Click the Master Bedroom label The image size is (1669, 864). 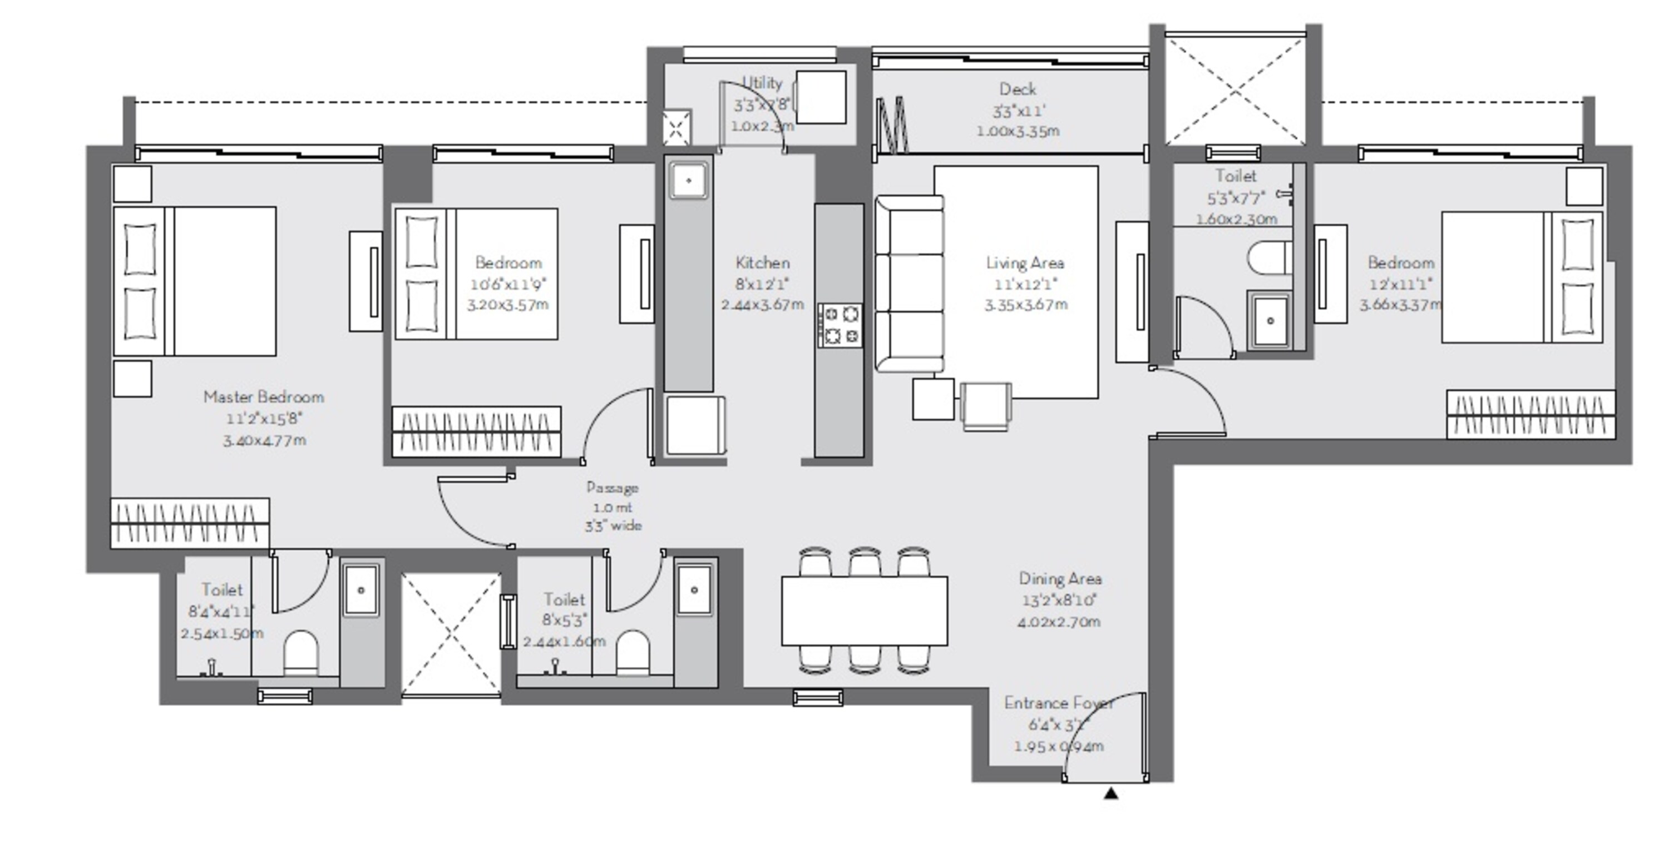pyautogui.click(x=264, y=397)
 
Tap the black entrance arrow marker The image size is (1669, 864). pyautogui.click(x=1111, y=793)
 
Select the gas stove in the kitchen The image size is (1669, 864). pyautogui.click(x=840, y=325)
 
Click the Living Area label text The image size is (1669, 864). pyautogui.click(x=1025, y=263)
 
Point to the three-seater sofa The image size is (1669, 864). pyautogui.click(x=909, y=284)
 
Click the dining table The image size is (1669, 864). pyautogui.click(x=865, y=611)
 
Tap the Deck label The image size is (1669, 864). pyautogui.click(x=1017, y=90)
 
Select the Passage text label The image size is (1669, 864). pyautogui.click(x=613, y=488)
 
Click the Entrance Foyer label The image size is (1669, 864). pyautogui.click(x=1058, y=703)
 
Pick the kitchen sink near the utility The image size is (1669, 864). pyautogui.click(x=688, y=180)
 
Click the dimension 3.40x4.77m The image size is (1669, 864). pyautogui.click(x=264, y=441)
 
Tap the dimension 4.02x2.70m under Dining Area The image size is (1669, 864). pyautogui.click(x=1059, y=622)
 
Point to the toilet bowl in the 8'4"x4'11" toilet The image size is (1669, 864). pyautogui.click(x=302, y=653)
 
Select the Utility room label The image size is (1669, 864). pyautogui.click(x=762, y=83)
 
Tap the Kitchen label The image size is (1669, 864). pyautogui.click(x=763, y=263)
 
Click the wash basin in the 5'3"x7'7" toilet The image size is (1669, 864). pyautogui.click(x=1270, y=321)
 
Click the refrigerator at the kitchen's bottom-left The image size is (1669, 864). pyautogui.click(x=694, y=425)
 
